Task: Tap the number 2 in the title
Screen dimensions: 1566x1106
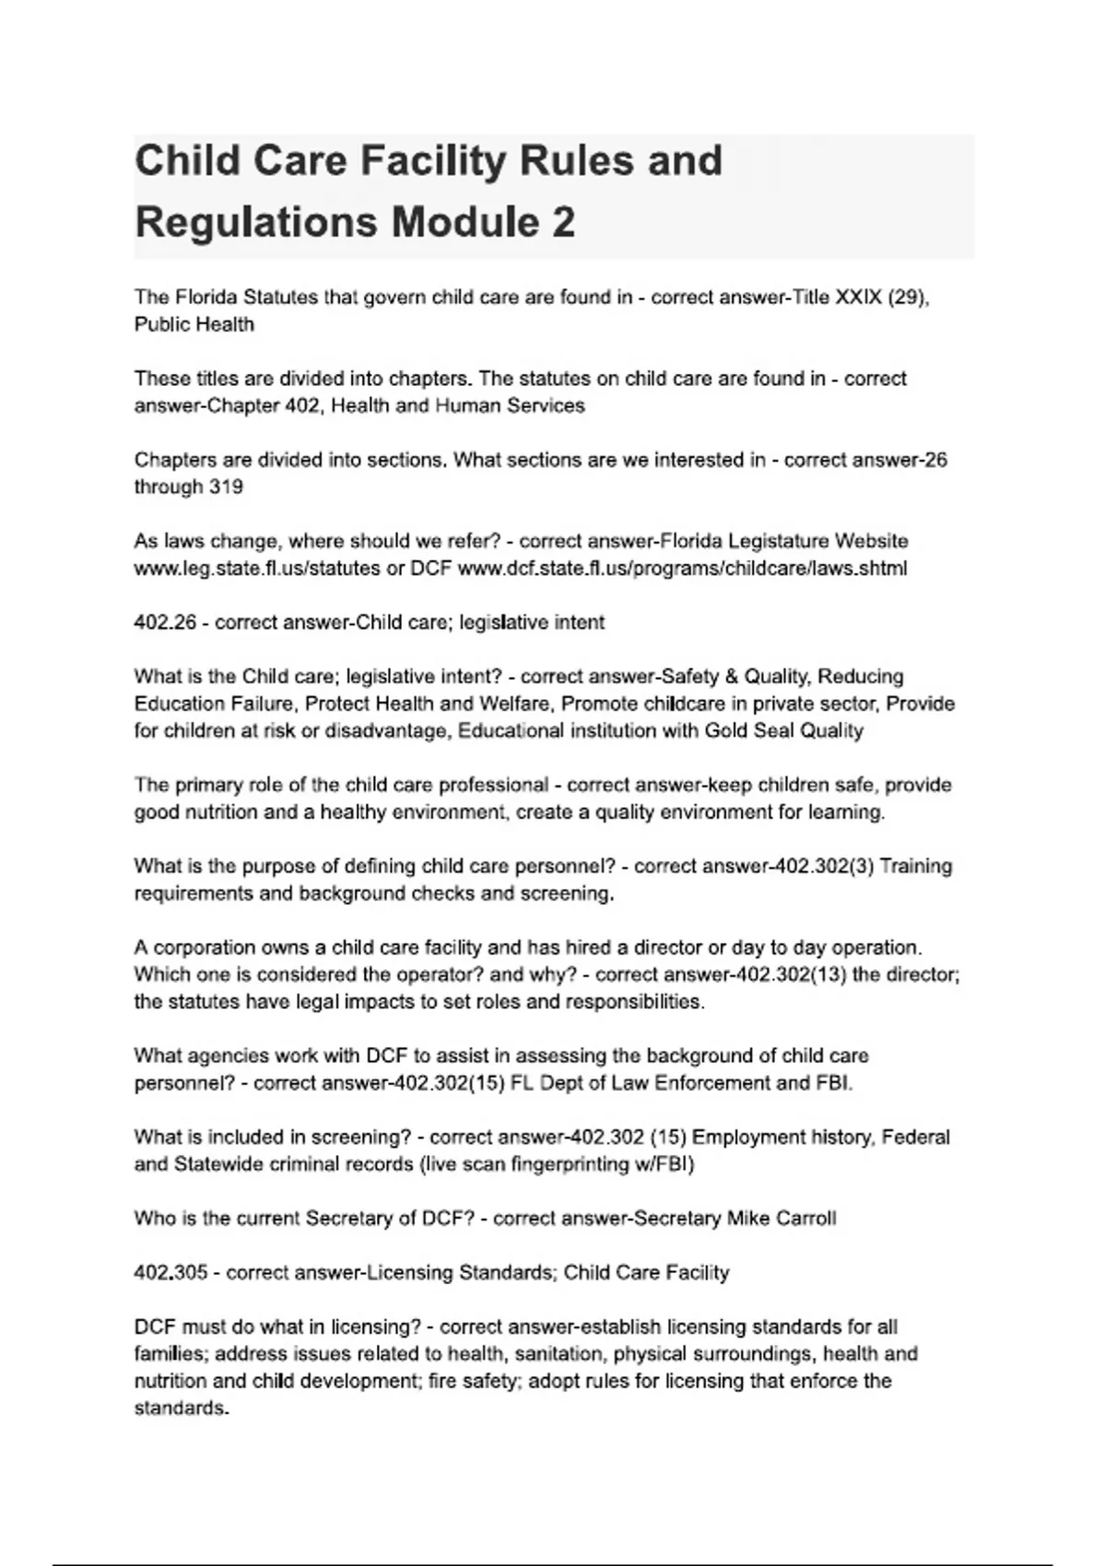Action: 563,223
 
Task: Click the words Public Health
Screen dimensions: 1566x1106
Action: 194,324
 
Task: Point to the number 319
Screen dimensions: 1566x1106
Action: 226,487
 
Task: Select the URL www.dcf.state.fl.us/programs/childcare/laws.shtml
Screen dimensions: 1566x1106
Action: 682,568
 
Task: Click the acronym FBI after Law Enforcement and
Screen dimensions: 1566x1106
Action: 833,1083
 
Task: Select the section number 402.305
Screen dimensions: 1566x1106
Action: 171,1273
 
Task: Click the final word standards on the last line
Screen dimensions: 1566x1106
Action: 180,1408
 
